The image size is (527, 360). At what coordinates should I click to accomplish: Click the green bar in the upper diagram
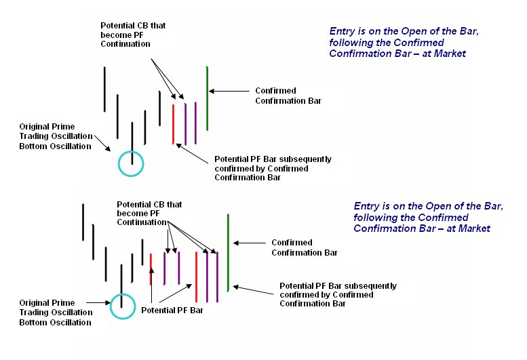click(x=207, y=98)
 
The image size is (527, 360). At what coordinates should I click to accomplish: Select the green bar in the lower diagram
click(x=228, y=252)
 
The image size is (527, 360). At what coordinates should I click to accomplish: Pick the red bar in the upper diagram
click(x=173, y=124)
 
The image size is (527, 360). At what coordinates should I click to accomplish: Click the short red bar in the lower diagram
click(x=151, y=269)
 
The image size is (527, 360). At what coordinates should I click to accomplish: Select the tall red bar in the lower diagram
click(x=196, y=277)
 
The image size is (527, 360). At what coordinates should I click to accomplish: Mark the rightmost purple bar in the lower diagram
click(x=217, y=277)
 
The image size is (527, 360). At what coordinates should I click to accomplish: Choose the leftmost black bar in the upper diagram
click(x=104, y=89)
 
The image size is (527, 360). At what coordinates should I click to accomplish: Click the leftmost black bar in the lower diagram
click(x=83, y=222)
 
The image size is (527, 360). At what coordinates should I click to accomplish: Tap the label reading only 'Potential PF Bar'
click(x=172, y=311)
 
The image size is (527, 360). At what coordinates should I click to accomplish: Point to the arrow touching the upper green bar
click(x=229, y=91)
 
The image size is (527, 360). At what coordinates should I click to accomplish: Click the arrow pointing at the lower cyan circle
click(x=98, y=302)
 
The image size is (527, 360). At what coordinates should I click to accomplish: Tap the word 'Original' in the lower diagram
click(x=35, y=303)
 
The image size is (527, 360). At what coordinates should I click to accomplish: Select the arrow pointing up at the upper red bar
click(x=192, y=154)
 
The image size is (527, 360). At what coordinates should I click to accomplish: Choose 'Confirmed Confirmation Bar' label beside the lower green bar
click(x=305, y=247)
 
